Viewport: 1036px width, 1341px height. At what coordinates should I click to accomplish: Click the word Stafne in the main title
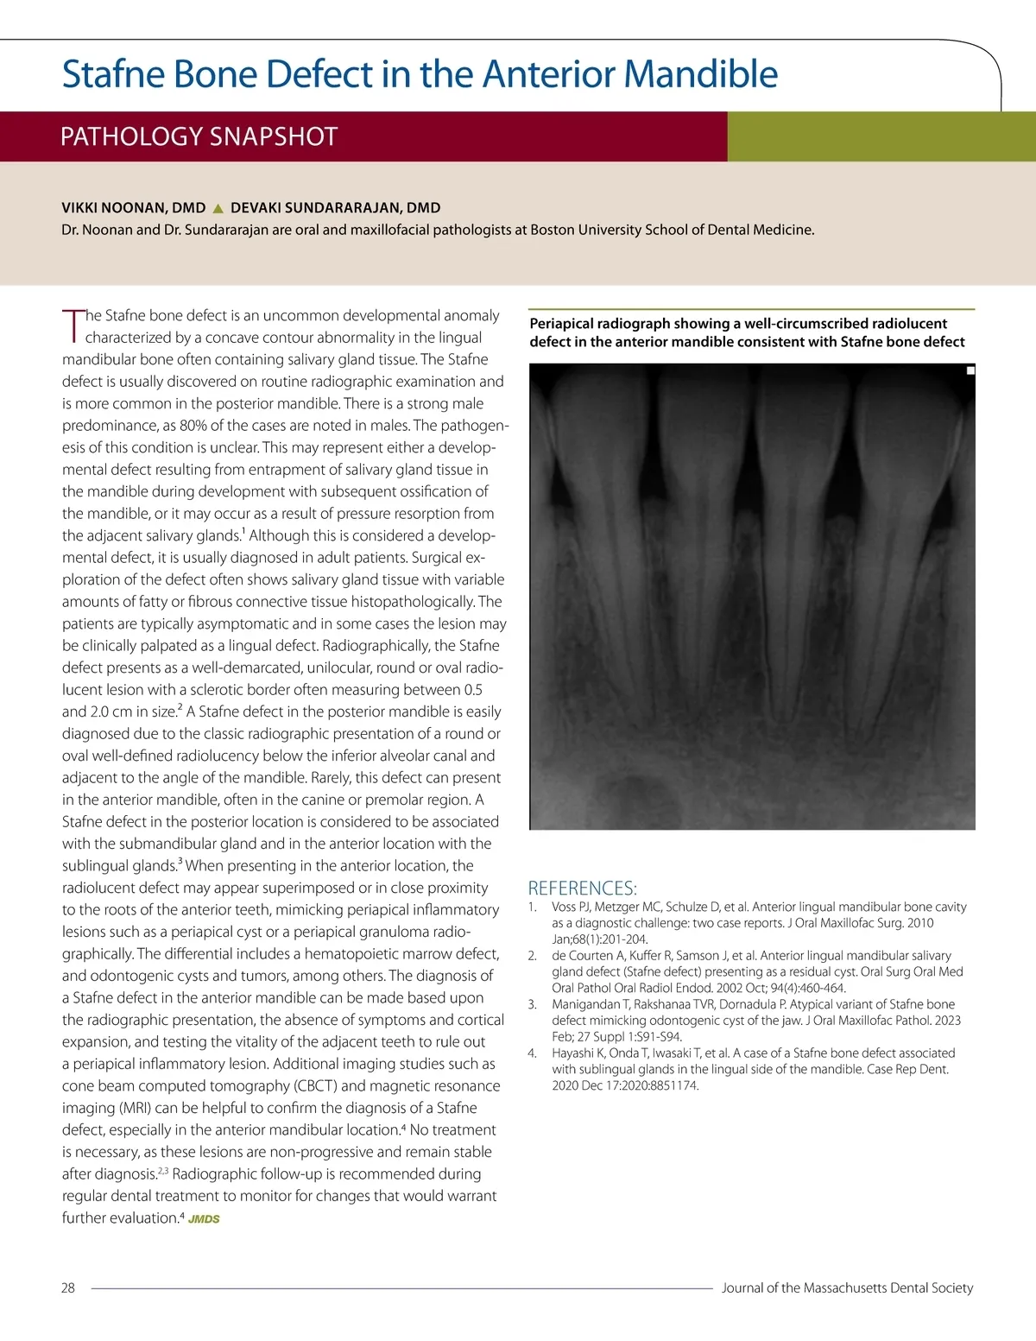[113, 74]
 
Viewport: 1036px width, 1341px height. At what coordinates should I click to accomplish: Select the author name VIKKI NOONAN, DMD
[134, 208]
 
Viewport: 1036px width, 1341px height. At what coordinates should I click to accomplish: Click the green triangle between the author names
[218, 208]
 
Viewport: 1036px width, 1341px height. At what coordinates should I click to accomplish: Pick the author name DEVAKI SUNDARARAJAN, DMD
[335, 208]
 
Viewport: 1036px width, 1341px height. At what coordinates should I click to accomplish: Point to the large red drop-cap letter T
[73, 326]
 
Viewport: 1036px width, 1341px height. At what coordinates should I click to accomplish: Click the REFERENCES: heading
[582, 888]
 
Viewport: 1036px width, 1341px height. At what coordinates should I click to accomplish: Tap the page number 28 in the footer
[68, 1287]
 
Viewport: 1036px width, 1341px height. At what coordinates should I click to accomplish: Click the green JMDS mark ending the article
[204, 1219]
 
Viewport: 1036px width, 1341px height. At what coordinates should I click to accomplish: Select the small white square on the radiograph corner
[970, 370]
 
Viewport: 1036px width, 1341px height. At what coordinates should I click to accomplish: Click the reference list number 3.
[533, 1004]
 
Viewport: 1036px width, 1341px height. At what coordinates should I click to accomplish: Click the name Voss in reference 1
[564, 907]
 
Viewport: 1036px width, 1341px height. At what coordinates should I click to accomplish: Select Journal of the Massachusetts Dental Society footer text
[847, 1287]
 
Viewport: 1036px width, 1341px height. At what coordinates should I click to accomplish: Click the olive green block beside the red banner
[881, 136]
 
